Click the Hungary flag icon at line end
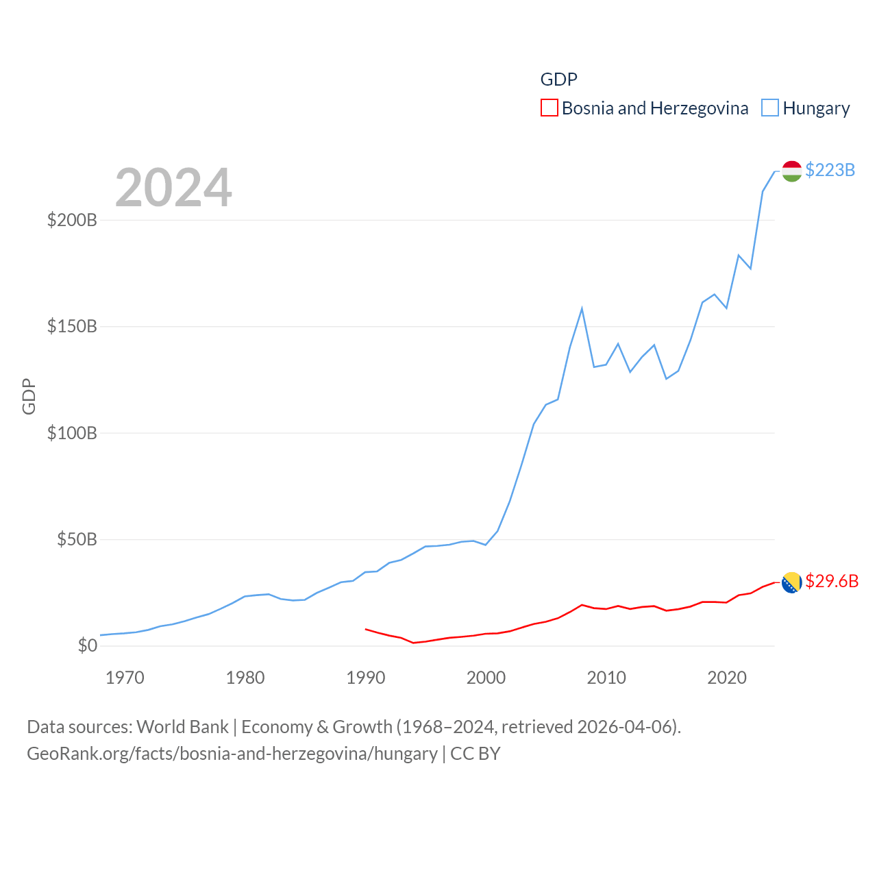click(791, 171)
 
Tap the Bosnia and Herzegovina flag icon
click(791, 582)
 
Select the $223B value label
click(830, 170)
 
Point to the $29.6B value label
click(832, 581)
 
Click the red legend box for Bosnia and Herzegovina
click(549, 108)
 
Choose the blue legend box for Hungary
click(770, 108)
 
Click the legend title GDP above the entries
click(558, 79)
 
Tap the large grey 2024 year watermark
click(173, 188)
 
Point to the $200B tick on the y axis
click(72, 220)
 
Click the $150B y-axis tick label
click(72, 326)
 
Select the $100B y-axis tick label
click(72, 433)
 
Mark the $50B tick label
click(77, 539)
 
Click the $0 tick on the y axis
click(87, 645)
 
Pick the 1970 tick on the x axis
click(125, 678)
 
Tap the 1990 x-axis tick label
click(366, 678)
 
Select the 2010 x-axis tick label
click(606, 678)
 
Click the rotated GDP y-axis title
click(29, 396)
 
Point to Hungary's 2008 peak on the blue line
click(582, 308)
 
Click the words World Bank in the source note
click(182, 727)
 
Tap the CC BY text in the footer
click(475, 754)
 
